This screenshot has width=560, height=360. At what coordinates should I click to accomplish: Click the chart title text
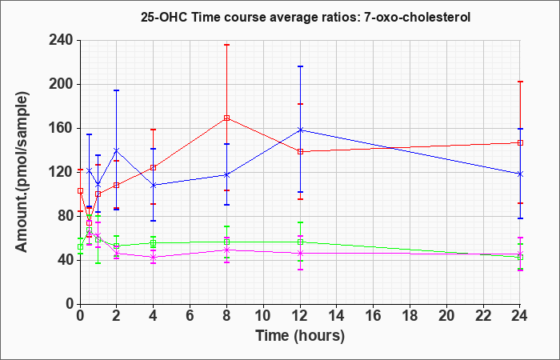tap(306, 17)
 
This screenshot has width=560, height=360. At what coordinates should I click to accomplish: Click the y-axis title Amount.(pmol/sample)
tap(22, 172)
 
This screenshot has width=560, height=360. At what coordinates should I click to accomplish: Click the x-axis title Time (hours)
tap(300, 336)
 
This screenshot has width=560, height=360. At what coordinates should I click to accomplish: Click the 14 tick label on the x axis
tap(337, 316)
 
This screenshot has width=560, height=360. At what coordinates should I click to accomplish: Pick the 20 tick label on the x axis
tap(446, 316)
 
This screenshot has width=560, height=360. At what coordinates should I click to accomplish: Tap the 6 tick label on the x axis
tap(190, 316)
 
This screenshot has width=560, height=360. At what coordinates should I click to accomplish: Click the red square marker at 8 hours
tap(226, 118)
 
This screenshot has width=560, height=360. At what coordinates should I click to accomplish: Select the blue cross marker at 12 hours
tap(300, 130)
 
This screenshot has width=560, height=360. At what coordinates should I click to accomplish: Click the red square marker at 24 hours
tap(520, 143)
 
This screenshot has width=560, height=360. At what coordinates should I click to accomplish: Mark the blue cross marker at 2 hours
tap(117, 150)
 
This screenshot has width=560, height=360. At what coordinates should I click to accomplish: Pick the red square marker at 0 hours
tap(80, 190)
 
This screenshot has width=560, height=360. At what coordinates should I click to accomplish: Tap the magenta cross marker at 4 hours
tap(154, 257)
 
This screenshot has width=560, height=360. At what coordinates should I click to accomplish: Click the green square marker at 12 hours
tap(300, 242)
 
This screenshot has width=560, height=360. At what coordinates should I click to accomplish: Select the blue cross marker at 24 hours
tap(520, 174)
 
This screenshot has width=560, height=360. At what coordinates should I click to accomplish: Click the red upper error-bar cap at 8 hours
tap(226, 45)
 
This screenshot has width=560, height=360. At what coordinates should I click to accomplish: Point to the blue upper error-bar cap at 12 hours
tap(300, 66)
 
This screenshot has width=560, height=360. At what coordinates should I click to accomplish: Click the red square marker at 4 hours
tap(154, 167)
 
